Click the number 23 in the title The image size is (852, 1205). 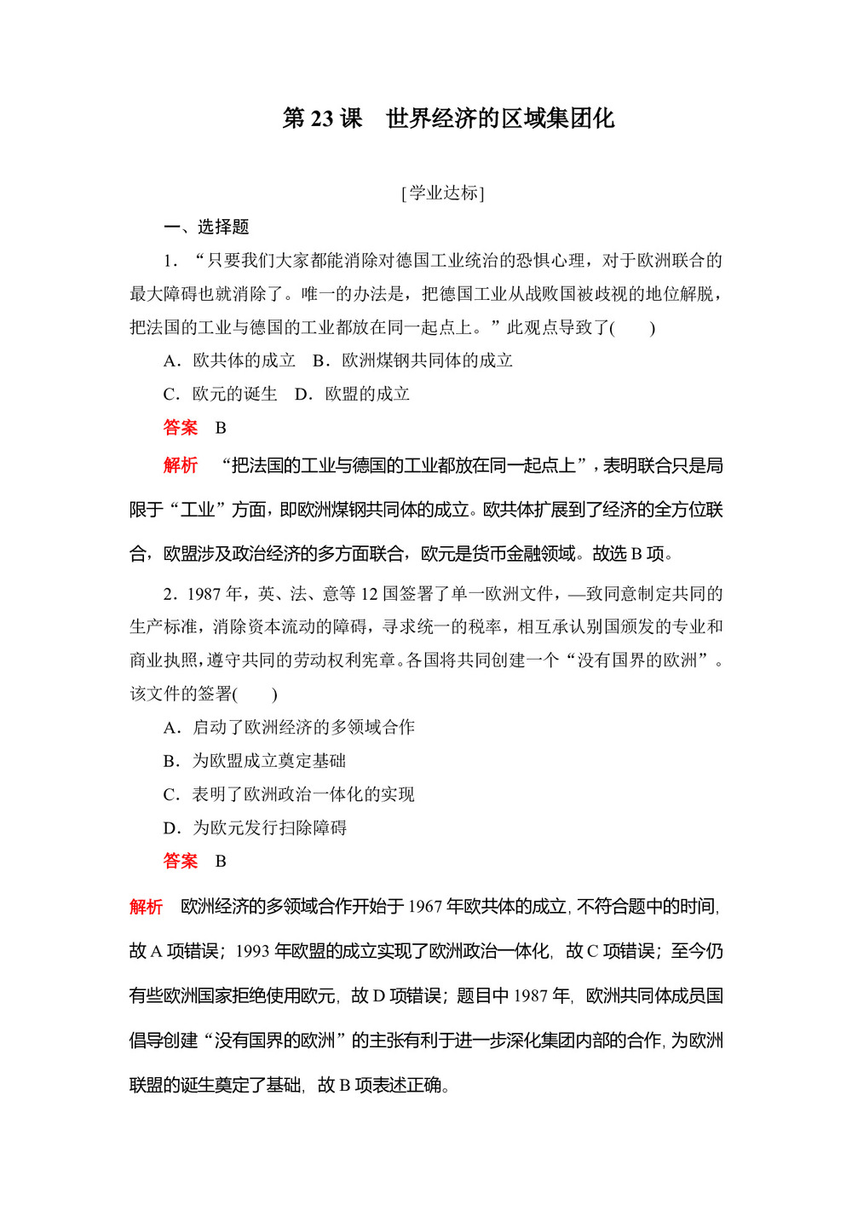pos(322,118)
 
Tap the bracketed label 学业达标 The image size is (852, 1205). pos(442,193)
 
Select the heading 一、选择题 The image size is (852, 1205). pos(206,227)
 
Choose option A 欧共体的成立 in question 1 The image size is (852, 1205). pos(229,360)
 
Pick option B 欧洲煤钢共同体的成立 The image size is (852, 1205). pos(413,360)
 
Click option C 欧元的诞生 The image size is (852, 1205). pos(221,394)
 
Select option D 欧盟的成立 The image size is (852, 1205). pos(353,394)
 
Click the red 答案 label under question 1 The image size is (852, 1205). pos(181,428)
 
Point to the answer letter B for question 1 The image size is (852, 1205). pos(221,428)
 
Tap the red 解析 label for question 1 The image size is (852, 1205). pos(181,465)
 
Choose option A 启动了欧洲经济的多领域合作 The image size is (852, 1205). pos(289,727)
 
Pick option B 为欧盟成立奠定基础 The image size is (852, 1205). pos(255,761)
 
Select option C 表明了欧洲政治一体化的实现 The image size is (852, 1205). pos(289,794)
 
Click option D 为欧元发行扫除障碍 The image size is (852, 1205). pos(255,827)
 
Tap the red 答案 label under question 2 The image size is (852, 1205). pos(181,862)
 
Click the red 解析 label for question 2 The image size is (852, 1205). pos(147,907)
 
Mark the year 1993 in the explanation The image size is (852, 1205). pos(253,951)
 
